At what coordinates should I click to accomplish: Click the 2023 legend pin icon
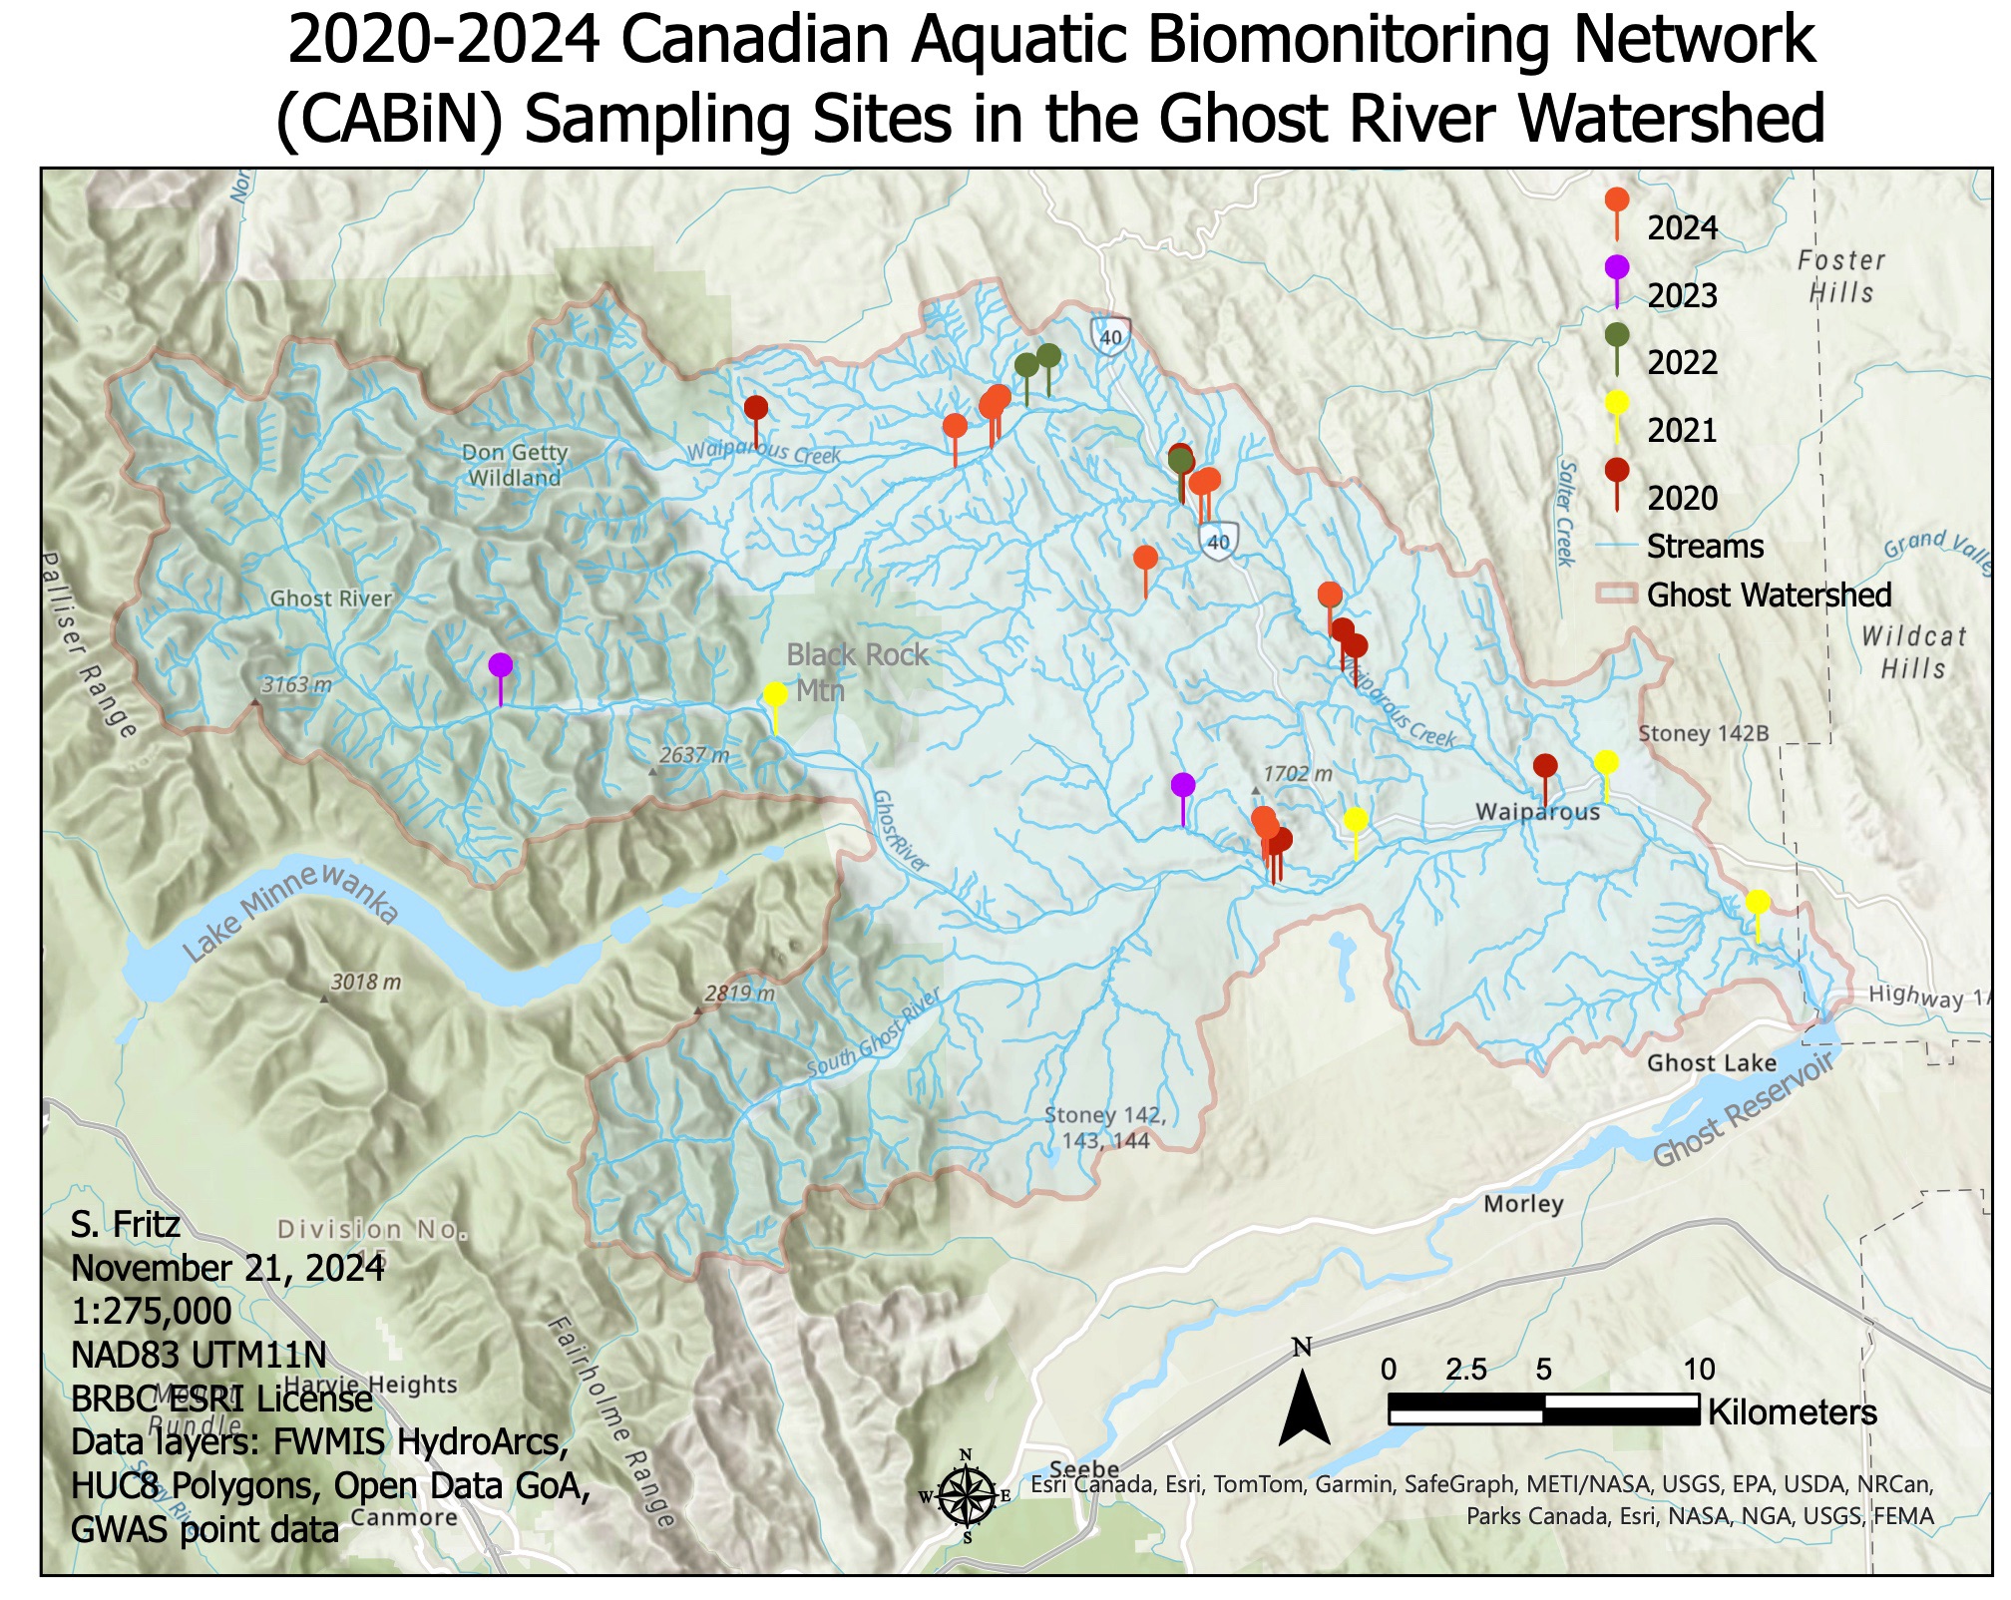[x=1617, y=268]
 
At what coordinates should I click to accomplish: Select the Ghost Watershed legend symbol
[x=1617, y=596]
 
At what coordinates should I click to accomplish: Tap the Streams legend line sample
[x=1617, y=547]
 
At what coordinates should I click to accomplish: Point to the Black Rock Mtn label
[x=856, y=671]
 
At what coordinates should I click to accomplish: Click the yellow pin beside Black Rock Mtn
[x=775, y=695]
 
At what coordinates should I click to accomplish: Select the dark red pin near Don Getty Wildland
[x=756, y=408]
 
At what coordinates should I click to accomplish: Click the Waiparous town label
[x=1537, y=812]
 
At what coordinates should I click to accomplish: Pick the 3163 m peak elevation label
[x=296, y=685]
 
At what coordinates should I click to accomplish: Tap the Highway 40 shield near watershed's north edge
[x=1110, y=335]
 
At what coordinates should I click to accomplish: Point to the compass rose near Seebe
[x=966, y=1496]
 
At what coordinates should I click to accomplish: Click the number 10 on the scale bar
[x=1699, y=1370]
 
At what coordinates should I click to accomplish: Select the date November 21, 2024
[x=227, y=1268]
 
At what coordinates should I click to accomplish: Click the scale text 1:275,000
[x=151, y=1311]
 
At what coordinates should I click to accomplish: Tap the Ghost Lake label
[x=1711, y=1062]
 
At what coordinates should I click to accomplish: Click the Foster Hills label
[x=1841, y=276]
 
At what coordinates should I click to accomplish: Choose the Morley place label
[x=1522, y=1204]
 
